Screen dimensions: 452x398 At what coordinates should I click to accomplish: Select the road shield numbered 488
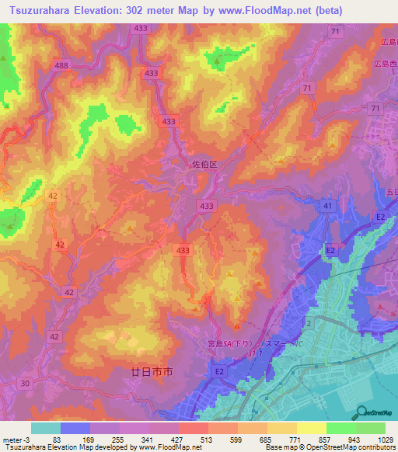62,67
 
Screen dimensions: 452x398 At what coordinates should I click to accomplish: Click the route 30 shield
26,383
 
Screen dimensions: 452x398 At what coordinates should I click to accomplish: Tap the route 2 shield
309,322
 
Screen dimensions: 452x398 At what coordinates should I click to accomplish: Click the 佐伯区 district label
206,165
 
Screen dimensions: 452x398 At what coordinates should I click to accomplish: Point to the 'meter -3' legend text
16,439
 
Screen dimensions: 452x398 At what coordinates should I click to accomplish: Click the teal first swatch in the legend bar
46,428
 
